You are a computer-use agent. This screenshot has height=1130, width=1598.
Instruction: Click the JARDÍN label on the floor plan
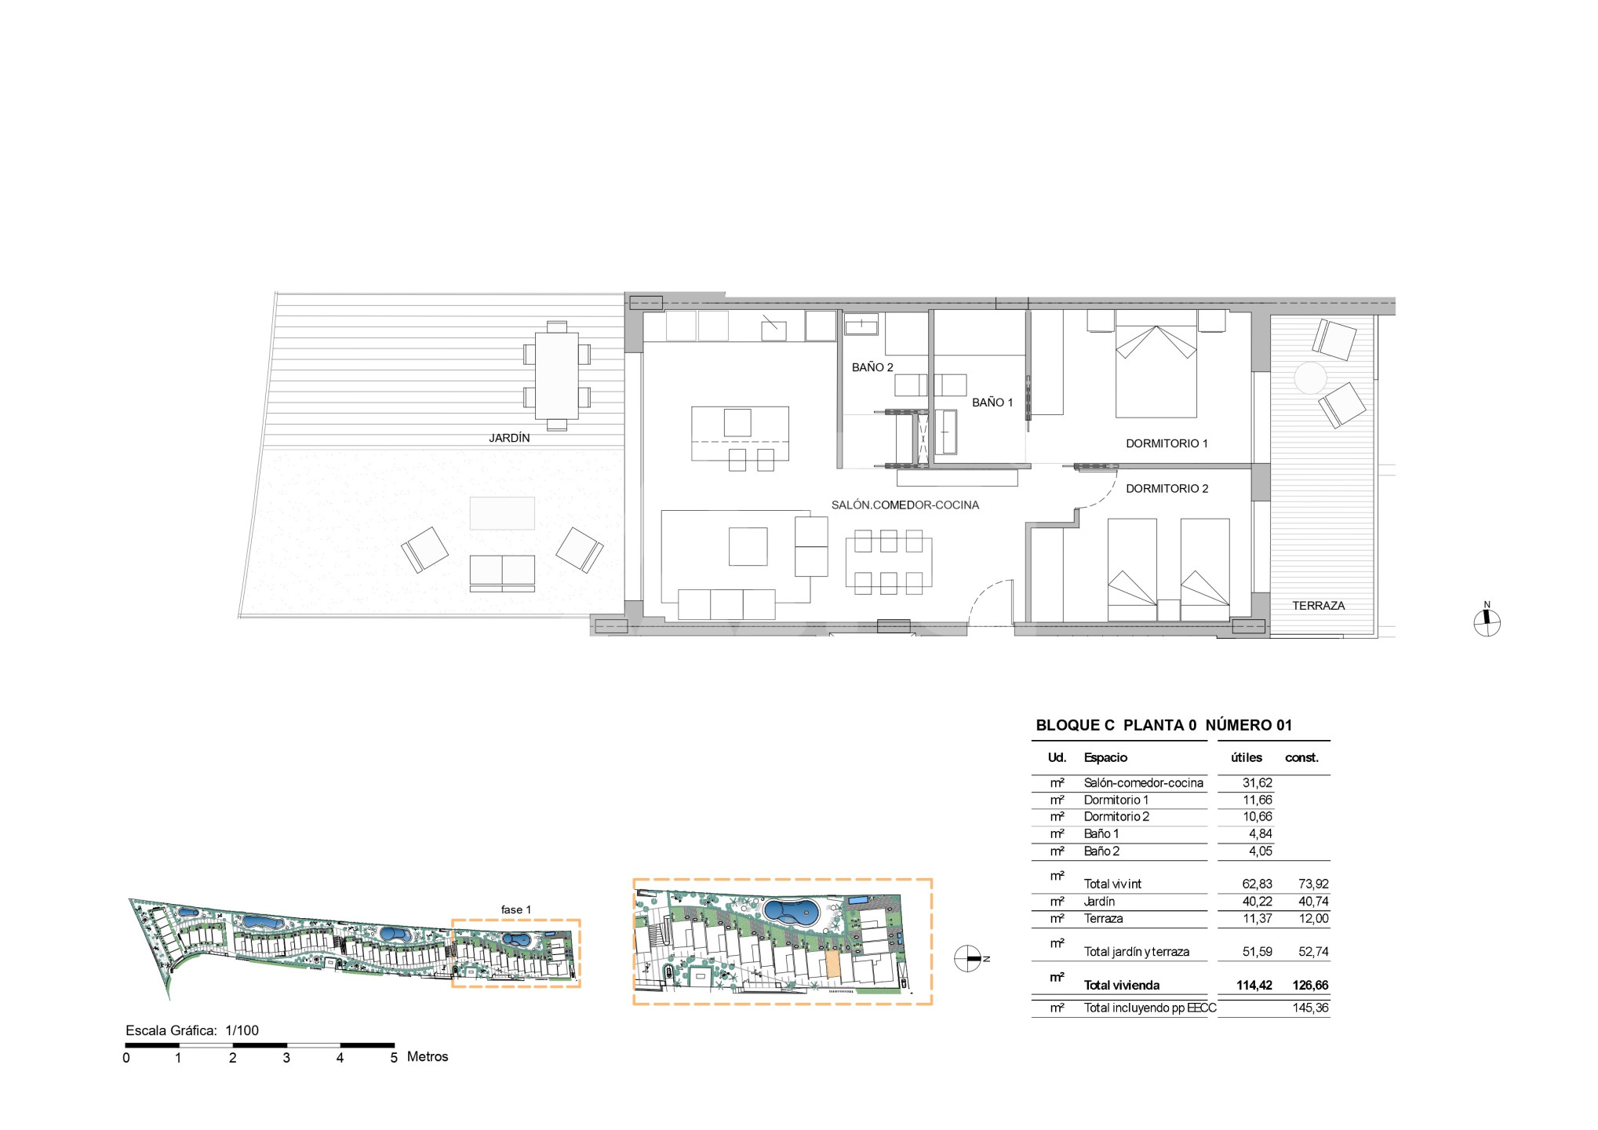(x=509, y=438)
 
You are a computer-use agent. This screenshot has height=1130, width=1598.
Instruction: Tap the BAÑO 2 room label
(x=872, y=367)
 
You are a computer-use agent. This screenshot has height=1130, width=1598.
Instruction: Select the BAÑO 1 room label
(x=992, y=403)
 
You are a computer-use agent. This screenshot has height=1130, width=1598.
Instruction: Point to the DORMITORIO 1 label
(x=1167, y=443)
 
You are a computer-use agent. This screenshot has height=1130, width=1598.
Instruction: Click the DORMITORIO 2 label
(x=1167, y=488)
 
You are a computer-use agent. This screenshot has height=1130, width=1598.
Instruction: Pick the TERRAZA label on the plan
(x=1318, y=606)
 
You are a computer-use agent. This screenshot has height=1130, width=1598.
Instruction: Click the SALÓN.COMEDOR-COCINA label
(x=905, y=505)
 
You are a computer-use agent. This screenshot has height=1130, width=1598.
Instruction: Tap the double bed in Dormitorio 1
(x=1156, y=363)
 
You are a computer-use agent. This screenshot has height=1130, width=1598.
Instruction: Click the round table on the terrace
(x=1310, y=378)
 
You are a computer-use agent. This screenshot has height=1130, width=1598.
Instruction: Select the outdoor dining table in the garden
(x=557, y=376)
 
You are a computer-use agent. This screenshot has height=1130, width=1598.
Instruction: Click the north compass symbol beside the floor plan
(x=1487, y=623)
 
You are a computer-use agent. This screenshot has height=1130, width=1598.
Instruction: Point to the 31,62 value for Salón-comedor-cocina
(x=1257, y=782)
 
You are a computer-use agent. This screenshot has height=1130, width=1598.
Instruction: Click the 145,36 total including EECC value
(x=1310, y=1008)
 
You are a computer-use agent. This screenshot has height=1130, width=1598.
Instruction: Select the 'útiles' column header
(x=1246, y=757)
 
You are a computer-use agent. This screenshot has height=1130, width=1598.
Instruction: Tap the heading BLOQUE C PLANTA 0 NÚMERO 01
(x=1163, y=725)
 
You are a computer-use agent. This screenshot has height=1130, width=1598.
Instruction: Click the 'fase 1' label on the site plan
(x=515, y=909)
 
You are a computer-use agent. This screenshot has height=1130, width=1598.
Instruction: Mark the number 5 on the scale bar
(x=393, y=1058)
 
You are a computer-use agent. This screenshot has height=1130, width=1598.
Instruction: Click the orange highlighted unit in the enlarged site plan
(x=832, y=965)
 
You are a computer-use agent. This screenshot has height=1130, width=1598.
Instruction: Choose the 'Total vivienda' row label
(x=1121, y=986)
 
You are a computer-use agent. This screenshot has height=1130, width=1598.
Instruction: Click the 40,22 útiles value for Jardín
(x=1257, y=902)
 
